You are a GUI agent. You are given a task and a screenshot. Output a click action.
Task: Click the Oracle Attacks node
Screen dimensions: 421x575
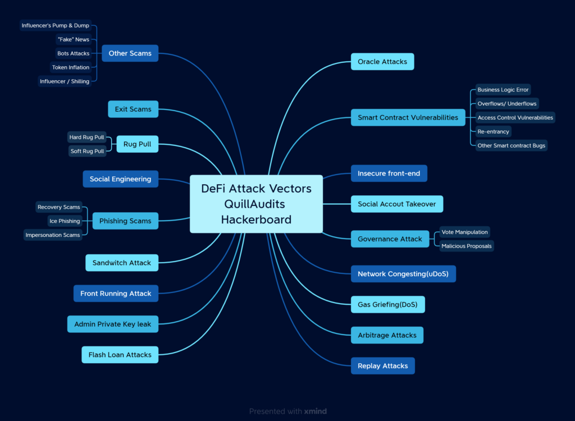(382, 62)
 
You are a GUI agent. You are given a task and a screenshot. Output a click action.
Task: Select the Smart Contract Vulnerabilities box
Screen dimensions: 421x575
(408, 118)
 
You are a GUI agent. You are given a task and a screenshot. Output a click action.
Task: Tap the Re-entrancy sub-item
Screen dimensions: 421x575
(493, 132)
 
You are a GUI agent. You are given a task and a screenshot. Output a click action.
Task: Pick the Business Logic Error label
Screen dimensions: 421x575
(503, 90)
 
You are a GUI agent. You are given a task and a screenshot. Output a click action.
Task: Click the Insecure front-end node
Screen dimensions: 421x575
(389, 173)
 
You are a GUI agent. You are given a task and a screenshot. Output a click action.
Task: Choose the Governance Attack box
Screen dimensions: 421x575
(390, 239)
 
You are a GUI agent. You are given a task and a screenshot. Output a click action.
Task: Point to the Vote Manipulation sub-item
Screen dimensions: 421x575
(464, 232)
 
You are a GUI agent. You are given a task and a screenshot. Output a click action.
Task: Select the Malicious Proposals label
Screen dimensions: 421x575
(467, 246)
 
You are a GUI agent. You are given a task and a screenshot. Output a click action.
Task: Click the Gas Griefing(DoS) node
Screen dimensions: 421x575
(387, 305)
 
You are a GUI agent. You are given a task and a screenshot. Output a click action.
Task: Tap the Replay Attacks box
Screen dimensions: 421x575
(382, 366)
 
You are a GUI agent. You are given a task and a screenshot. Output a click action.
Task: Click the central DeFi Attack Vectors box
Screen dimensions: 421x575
(256, 204)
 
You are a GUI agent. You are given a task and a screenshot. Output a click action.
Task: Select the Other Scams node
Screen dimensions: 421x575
(130, 53)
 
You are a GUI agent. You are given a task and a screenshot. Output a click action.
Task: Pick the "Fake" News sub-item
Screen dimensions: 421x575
(73, 40)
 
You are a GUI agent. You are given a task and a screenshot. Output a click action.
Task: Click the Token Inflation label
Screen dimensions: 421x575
(71, 67)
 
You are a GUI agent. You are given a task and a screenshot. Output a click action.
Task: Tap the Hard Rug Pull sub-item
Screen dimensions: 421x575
(86, 138)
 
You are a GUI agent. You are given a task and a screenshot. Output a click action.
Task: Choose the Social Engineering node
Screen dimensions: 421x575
(120, 179)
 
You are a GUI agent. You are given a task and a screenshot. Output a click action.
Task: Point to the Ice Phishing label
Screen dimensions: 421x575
(65, 221)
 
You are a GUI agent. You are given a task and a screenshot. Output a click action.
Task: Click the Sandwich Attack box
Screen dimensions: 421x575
(122, 263)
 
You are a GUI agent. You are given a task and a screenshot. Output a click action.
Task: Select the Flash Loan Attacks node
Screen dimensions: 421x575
(120, 355)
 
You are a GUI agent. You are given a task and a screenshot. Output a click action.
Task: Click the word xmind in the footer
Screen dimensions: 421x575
(315, 411)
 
